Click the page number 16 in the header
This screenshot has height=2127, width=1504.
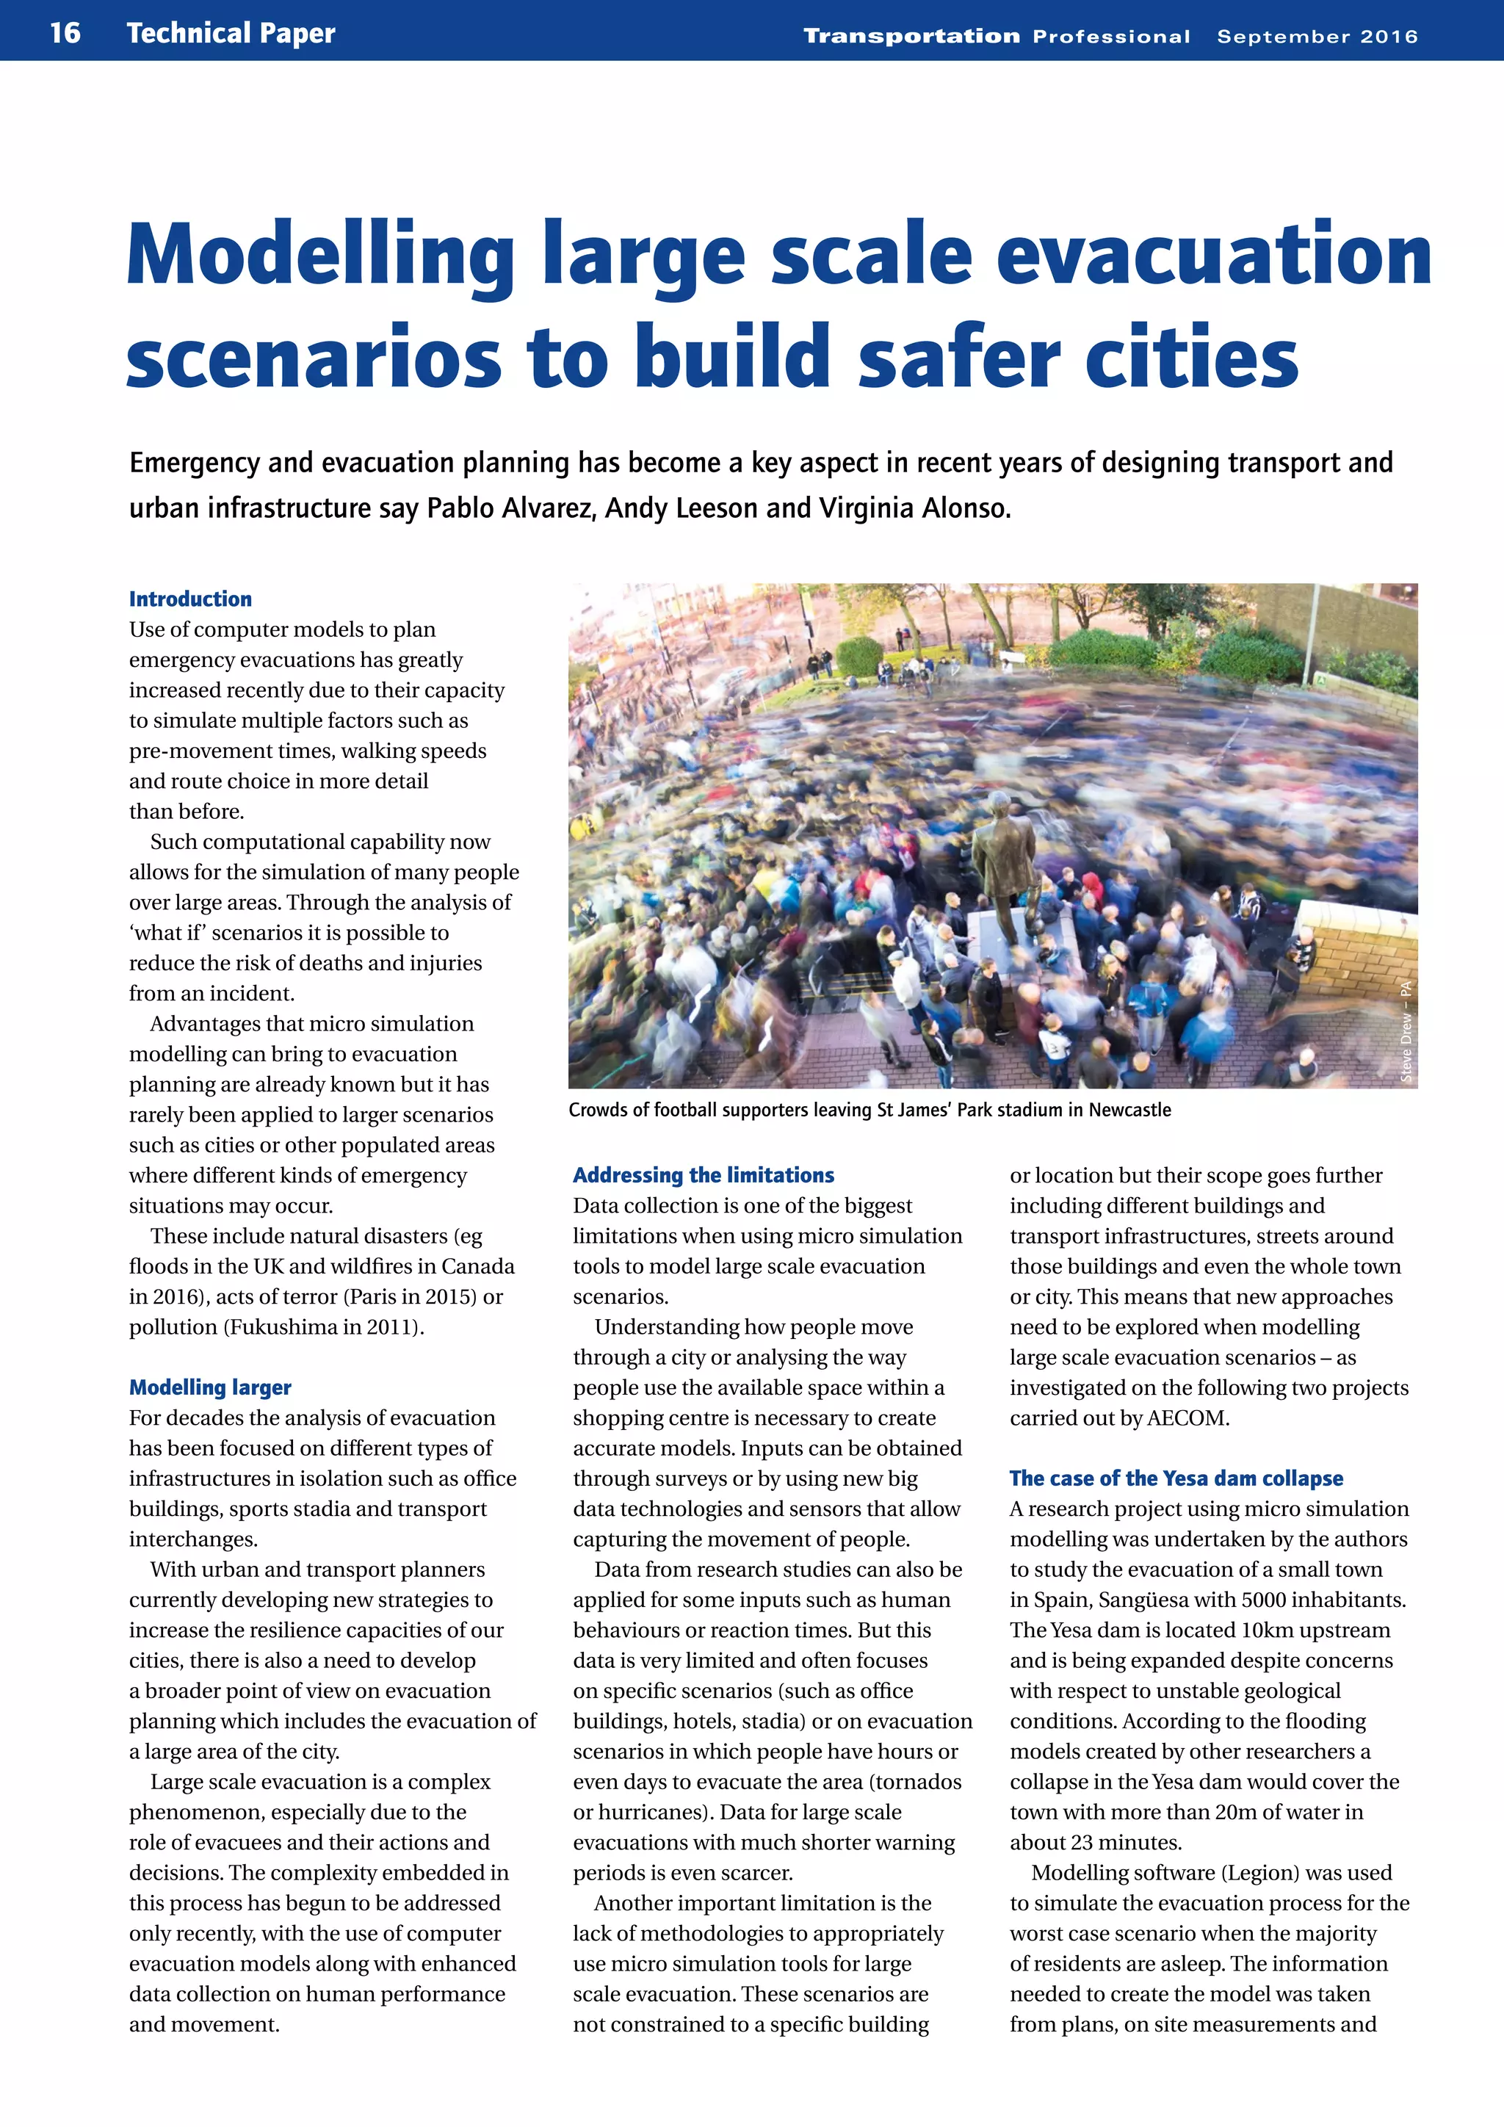click(x=65, y=32)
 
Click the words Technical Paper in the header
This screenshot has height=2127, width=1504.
click(x=231, y=33)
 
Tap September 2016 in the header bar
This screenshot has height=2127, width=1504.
click(x=1317, y=36)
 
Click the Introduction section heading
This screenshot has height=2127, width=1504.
click(x=190, y=599)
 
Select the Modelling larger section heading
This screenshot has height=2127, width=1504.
click(x=210, y=1387)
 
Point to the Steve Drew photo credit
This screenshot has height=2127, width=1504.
click(x=1406, y=1031)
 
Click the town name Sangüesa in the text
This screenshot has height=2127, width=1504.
click(x=1142, y=1600)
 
